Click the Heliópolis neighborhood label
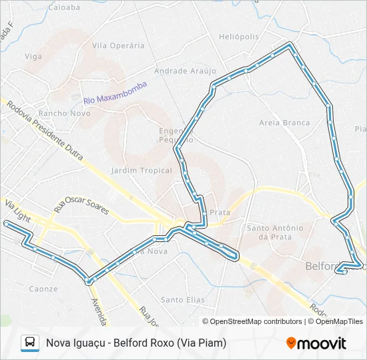(239, 37)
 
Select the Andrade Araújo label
(186, 71)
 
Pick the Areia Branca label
(284, 123)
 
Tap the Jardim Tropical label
(141, 171)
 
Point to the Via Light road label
(18, 211)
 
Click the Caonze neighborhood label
(43, 289)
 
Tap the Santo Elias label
(183, 300)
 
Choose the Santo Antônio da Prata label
(275, 232)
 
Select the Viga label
(33, 57)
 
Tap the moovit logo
(316, 343)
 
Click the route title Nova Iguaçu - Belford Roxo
(136, 343)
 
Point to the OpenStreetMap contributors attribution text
(256, 321)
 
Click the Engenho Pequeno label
(175, 135)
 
